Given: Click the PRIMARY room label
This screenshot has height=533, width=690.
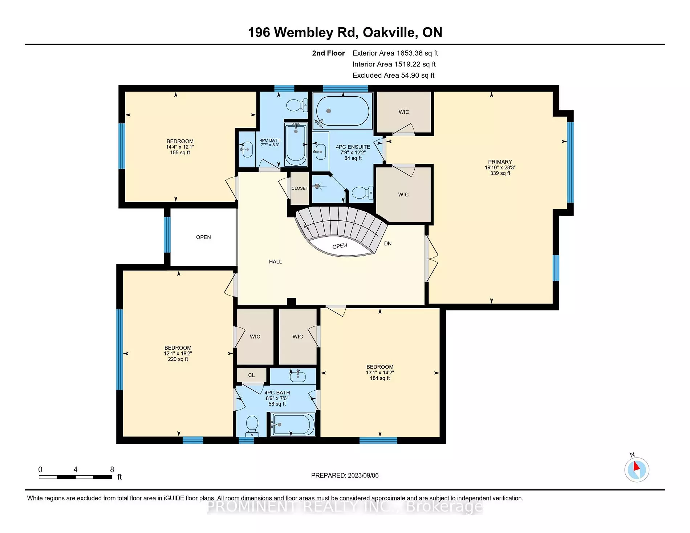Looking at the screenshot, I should pos(500,162).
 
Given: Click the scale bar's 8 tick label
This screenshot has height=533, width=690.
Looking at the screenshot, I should pos(112,469).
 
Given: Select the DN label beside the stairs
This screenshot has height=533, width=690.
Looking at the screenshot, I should pos(388,244).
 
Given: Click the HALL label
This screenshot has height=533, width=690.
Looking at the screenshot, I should pos(275,261).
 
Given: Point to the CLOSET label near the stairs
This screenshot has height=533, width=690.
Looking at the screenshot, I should pos(300,188).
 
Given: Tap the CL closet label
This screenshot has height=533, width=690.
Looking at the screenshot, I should pos(252,375).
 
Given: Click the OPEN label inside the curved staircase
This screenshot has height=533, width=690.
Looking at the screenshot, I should pos(340,246).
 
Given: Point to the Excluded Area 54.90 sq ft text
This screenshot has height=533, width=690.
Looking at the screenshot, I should pos(393,76).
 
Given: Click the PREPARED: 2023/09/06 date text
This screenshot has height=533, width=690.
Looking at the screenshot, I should pos(345,475).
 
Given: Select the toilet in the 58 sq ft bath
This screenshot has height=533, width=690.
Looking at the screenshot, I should pos(252,426).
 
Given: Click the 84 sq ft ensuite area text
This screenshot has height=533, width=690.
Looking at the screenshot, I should pos(353,158).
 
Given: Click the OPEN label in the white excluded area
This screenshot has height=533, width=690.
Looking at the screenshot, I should pos(203,237).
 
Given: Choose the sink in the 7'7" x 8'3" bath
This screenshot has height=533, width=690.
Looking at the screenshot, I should pos(247,149).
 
